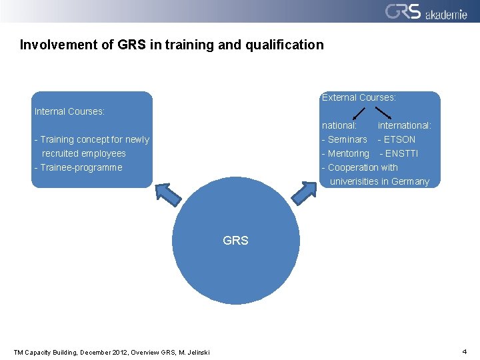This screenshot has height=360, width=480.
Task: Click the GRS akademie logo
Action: (425, 11)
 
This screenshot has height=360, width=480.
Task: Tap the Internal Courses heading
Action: (69, 111)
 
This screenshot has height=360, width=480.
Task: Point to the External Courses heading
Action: (359, 97)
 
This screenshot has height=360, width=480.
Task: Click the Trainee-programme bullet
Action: (78, 167)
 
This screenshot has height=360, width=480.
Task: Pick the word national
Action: (339, 125)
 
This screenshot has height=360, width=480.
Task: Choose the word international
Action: (404, 125)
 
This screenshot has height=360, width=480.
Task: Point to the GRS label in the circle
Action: (235, 241)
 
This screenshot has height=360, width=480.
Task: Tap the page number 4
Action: (464, 351)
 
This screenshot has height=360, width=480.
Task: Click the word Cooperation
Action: (353, 167)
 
